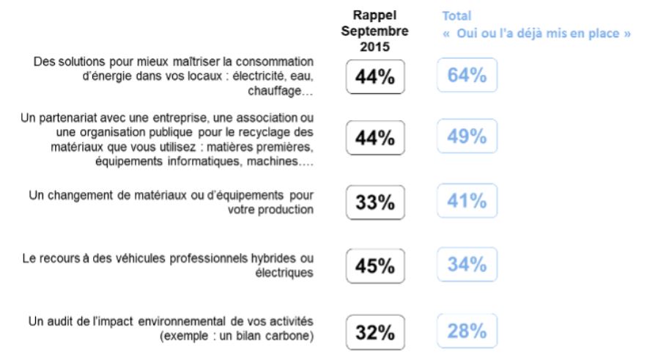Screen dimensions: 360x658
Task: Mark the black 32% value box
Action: (375, 333)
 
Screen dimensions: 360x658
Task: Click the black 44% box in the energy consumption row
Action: (375, 78)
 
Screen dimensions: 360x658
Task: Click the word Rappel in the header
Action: (375, 15)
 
